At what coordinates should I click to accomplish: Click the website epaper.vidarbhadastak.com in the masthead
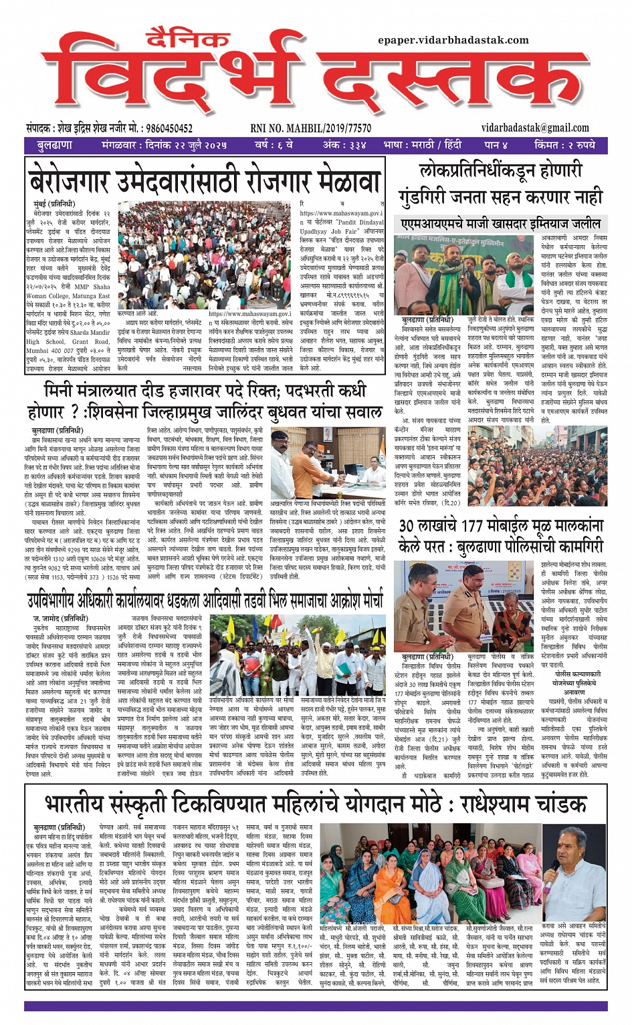(453, 40)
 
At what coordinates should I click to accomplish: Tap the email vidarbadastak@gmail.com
(534, 128)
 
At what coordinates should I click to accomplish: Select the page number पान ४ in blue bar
(496, 144)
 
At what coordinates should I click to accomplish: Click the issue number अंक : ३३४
(344, 144)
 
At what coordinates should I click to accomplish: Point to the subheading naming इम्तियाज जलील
(500, 223)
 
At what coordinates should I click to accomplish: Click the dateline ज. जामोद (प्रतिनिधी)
(60, 619)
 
